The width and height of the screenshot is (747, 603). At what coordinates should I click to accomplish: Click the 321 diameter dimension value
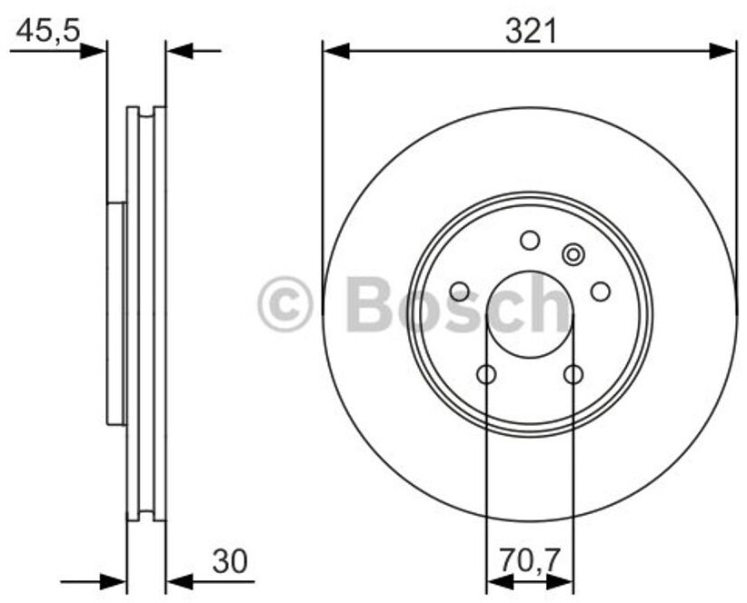531,33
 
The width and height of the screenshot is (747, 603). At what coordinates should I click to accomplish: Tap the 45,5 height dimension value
47,32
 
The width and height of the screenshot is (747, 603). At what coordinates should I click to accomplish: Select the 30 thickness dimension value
230,560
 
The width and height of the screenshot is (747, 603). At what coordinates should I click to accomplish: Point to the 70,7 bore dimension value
529,560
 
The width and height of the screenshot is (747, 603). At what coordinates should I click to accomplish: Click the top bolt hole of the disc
530,241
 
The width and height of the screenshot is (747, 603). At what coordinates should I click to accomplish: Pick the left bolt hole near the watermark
460,292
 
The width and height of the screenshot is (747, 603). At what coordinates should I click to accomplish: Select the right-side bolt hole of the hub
601,292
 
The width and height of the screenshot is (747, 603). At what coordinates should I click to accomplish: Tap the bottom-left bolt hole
486,374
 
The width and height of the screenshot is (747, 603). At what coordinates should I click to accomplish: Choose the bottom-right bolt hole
573,374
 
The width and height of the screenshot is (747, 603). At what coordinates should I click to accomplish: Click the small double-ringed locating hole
573,254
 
